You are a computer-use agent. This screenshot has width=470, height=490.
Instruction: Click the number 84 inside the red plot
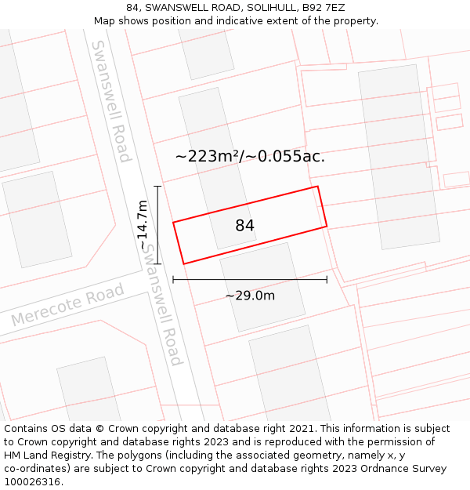[x=244, y=226]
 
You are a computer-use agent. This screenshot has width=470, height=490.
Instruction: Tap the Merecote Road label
[x=67, y=305]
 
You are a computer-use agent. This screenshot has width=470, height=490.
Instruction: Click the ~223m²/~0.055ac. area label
[x=250, y=156]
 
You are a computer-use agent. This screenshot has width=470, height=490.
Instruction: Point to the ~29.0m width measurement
[x=250, y=296]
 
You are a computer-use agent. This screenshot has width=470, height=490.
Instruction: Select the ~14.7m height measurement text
[x=142, y=225]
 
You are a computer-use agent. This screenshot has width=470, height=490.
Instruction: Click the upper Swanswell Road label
[x=110, y=101]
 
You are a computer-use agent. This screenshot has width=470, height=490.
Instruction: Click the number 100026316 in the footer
[x=33, y=481]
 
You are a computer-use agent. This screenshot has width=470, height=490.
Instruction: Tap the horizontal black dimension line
[x=250, y=279]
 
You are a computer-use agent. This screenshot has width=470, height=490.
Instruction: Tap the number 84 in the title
[x=133, y=8]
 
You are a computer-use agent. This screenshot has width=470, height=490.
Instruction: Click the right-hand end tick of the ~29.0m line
[x=327, y=279]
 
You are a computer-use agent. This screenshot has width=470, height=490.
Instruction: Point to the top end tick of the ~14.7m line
[x=157, y=187]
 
